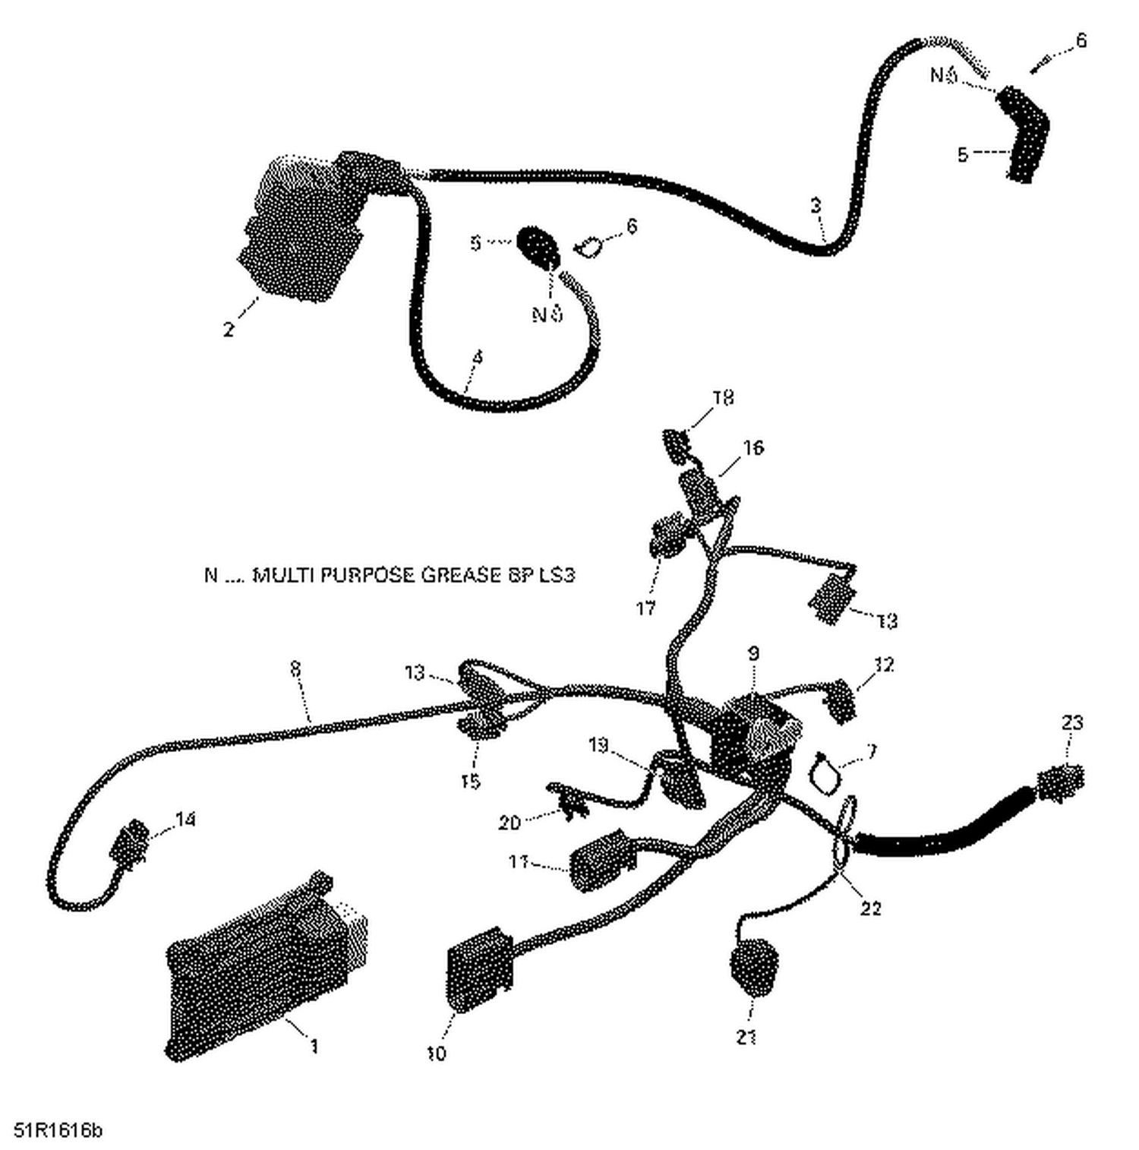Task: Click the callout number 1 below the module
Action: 314,1046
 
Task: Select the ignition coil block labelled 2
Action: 296,228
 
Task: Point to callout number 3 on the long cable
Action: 816,205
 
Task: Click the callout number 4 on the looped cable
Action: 477,357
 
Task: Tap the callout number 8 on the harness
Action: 295,669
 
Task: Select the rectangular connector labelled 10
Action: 478,968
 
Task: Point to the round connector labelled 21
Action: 753,968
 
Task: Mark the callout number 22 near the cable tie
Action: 870,908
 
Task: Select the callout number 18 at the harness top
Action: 723,398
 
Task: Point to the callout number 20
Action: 509,822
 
